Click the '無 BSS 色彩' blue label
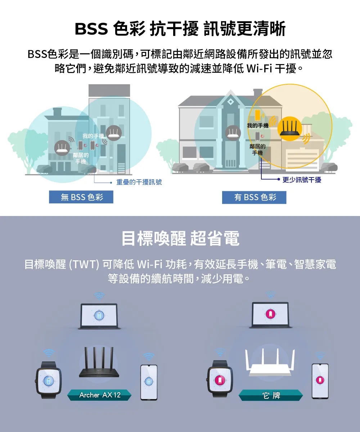81,197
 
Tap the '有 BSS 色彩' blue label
254,197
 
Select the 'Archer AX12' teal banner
99,395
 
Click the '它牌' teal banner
271,395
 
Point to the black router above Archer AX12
99,362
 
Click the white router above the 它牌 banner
270,363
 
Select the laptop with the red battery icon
270,315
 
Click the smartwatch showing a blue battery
49,380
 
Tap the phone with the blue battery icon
149,382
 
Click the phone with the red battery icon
320,381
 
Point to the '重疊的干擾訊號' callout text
139,182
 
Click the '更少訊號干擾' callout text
302,180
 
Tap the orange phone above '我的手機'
258,115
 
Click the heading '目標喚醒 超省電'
180,238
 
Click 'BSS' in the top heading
91,28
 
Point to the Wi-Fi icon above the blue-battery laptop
99,296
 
